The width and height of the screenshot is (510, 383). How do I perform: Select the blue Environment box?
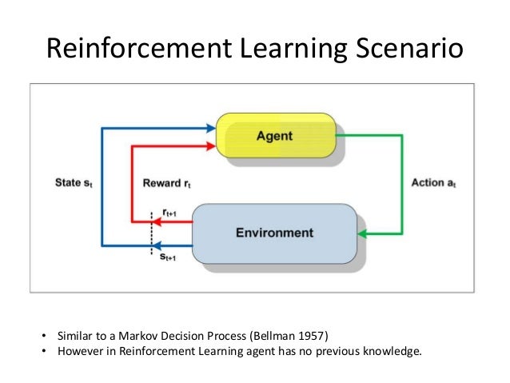tap(273, 233)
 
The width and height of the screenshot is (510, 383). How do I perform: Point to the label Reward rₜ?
tap(165, 183)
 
